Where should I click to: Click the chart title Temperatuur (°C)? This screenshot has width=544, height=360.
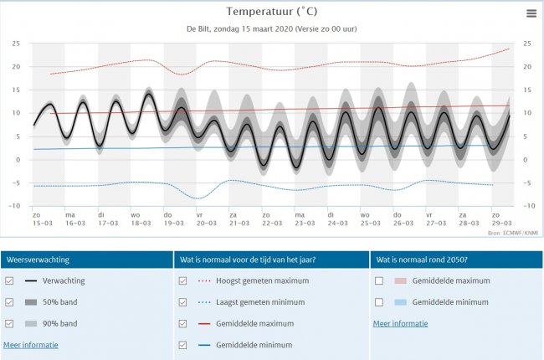click(x=271, y=12)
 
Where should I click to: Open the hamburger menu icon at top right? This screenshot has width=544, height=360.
click(x=531, y=13)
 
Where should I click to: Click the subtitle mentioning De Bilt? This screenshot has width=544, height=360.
click(x=271, y=28)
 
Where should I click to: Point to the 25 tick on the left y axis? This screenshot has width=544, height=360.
click(x=16, y=44)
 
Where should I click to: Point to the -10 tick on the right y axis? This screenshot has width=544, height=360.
click(x=527, y=205)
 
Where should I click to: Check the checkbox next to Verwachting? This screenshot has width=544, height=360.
click(x=9, y=281)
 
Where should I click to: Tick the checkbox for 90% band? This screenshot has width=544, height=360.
click(x=9, y=323)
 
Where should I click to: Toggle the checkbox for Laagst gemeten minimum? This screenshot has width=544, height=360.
click(x=183, y=302)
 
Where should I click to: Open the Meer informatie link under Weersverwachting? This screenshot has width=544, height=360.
click(x=31, y=344)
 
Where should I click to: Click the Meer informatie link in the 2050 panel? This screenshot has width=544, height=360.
click(x=400, y=323)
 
